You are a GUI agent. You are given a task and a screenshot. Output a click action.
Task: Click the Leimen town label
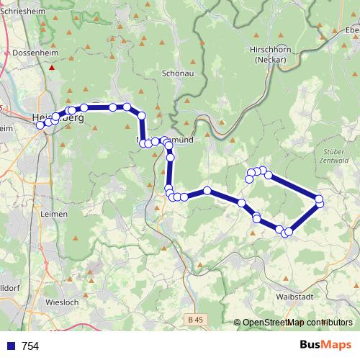point(55,215)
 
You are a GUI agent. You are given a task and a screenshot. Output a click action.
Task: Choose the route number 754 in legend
point(30,346)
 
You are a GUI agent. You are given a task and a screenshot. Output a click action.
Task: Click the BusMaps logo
point(325,345)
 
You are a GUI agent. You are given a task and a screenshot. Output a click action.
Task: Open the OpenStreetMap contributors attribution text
point(297,323)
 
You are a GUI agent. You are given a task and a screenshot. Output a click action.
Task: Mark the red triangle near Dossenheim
point(52,68)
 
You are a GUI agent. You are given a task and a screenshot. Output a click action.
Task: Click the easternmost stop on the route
point(320,199)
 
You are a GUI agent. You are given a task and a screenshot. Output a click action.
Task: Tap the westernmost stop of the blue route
point(41,125)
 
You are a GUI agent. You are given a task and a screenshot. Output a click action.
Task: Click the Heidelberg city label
point(58,117)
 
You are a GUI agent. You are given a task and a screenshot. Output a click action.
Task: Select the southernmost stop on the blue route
point(287,233)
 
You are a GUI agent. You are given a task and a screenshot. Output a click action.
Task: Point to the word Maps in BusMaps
point(337,345)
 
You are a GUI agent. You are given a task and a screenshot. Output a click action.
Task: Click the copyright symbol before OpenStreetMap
point(238,323)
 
